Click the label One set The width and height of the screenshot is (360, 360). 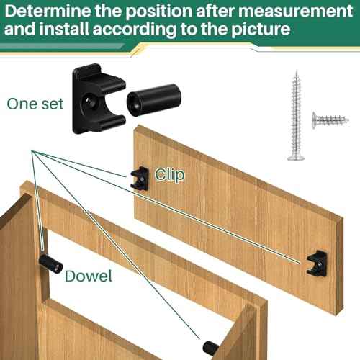(35, 102)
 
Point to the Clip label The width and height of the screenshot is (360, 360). (170, 174)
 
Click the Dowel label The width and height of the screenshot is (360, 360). (88, 276)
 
